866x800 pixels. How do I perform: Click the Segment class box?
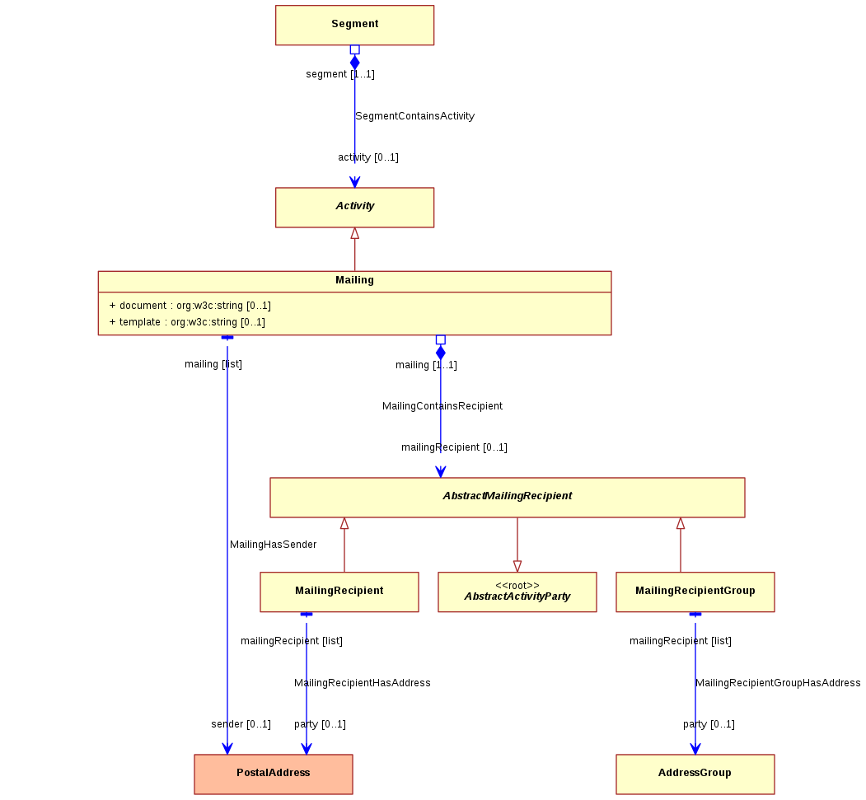[x=354, y=26]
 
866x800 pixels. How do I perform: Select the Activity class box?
[x=354, y=208]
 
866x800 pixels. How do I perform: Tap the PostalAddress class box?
[x=274, y=774]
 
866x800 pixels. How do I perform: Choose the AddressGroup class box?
[x=695, y=774]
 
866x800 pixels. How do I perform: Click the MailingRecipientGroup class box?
[x=695, y=592]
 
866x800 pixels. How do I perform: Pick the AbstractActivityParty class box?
[x=517, y=592]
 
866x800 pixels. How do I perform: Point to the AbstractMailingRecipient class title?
[x=508, y=496]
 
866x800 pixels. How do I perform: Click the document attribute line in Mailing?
[x=190, y=306]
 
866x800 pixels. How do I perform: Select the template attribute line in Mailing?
[x=187, y=322]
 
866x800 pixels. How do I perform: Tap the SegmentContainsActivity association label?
[x=414, y=116]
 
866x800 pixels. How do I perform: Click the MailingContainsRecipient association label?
[x=442, y=406]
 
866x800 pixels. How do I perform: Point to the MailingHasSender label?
[x=274, y=545]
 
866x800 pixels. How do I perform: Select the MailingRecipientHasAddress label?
[x=363, y=683]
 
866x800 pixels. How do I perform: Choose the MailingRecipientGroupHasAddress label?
[x=778, y=683]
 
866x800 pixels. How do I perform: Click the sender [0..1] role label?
[x=241, y=724]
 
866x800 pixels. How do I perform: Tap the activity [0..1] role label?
[x=368, y=157]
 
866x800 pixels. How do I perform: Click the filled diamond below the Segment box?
[x=355, y=63]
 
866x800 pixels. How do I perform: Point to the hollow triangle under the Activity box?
[x=355, y=233]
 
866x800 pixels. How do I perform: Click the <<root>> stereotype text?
[x=517, y=585]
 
